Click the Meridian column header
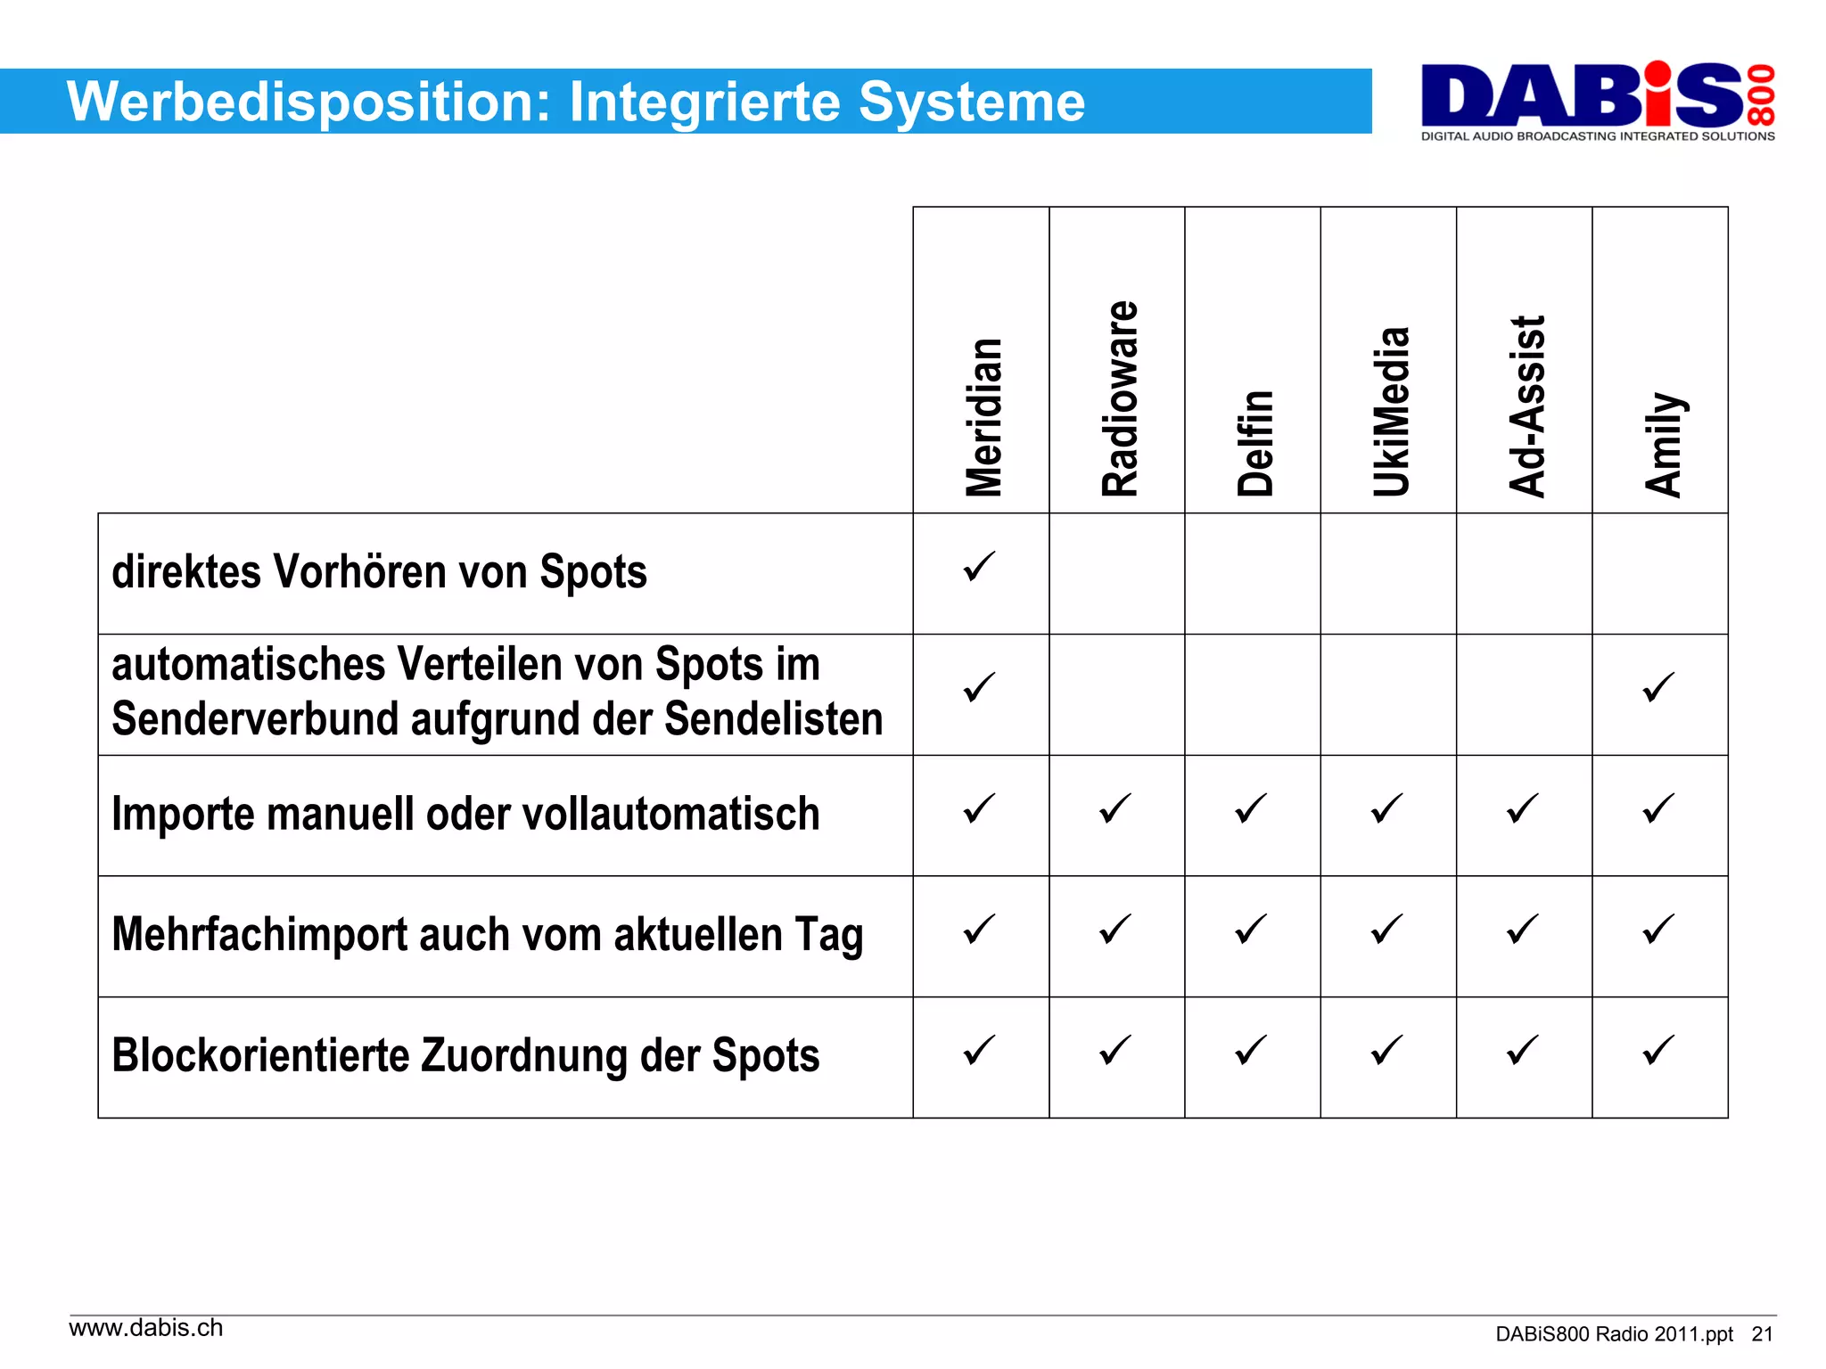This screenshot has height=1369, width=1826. point(983,417)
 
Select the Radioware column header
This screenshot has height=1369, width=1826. point(1120,398)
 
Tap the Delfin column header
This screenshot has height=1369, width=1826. point(1255,443)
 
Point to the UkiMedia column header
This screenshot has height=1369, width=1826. point(1391,411)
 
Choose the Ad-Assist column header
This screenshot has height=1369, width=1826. point(1526,406)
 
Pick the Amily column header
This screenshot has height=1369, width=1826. point(1664,444)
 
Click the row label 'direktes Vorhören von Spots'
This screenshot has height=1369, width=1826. point(379,572)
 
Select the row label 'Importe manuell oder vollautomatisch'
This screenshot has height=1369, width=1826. point(465,815)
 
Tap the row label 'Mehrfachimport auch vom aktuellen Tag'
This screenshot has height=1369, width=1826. point(487,936)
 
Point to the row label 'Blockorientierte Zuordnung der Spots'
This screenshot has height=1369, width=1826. point(465,1056)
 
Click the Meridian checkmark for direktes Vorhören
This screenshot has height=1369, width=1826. point(979,567)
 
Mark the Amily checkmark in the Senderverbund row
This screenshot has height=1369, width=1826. point(1658,687)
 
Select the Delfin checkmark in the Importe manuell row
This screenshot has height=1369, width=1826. point(1251,808)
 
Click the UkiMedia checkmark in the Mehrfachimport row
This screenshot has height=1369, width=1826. point(1386,930)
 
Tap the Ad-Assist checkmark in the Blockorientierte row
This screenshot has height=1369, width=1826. point(1522,1050)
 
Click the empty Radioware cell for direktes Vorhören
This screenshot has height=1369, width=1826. point(1116,573)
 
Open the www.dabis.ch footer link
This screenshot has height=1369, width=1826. point(146,1328)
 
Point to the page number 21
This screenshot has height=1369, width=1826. point(1762,1334)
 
